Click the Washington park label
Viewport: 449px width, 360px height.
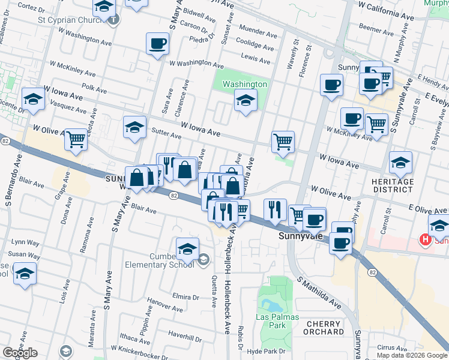tap(244, 85)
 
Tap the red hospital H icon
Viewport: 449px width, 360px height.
tap(426, 241)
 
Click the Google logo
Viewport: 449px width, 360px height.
tap(20, 353)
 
